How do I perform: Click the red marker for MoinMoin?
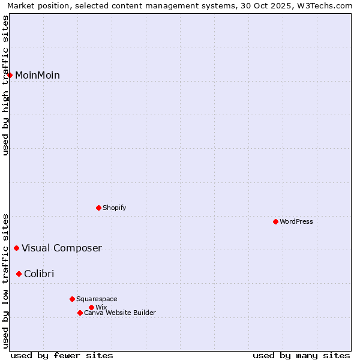click(x=10, y=75)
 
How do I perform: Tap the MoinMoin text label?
click(x=37, y=75)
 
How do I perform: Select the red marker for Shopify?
click(x=98, y=208)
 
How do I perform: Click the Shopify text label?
click(x=114, y=208)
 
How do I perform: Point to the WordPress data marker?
click(x=275, y=221)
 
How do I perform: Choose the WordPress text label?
click(x=296, y=221)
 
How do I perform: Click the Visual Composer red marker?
click(x=16, y=248)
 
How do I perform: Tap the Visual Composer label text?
click(x=61, y=248)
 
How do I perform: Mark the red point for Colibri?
click(x=19, y=274)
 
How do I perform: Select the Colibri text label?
click(x=39, y=274)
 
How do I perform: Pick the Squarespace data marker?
click(x=72, y=299)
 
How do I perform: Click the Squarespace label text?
click(x=97, y=299)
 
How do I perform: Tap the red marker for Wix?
click(x=91, y=307)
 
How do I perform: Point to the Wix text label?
click(x=101, y=307)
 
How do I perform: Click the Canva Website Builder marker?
click(x=80, y=313)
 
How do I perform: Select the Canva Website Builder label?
click(x=119, y=313)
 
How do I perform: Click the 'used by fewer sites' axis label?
click(x=62, y=355)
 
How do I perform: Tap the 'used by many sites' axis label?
click(x=301, y=355)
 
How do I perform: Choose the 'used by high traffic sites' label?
click(x=5, y=85)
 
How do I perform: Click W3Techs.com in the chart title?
click(x=326, y=6)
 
